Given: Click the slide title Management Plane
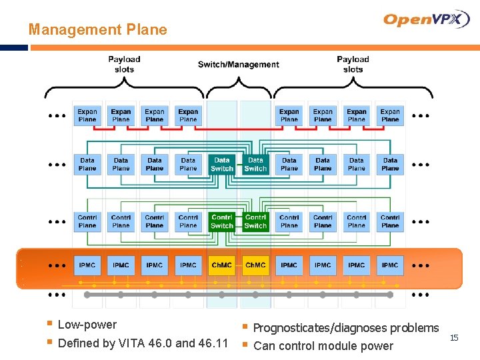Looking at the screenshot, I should (x=97, y=29).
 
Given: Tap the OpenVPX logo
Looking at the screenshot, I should (x=427, y=20).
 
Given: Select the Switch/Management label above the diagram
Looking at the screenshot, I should (x=238, y=65).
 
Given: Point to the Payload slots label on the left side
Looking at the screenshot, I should (x=124, y=64).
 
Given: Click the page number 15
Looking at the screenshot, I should (x=454, y=338).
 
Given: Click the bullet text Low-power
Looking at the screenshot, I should (x=87, y=325).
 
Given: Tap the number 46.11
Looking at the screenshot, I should (x=213, y=343).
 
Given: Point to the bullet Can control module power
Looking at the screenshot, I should (x=323, y=345).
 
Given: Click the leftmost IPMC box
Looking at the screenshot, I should (x=87, y=265).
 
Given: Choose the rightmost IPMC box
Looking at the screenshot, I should (x=390, y=265).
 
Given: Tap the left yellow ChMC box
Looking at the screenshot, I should (x=222, y=265).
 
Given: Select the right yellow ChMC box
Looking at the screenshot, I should (x=255, y=265).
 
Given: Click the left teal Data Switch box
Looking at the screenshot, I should (x=222, y=165).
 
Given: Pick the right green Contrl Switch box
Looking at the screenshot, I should (x=255, y=221).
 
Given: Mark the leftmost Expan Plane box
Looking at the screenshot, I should (x=87, y=115).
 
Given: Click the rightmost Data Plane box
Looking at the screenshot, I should (x=390, y=164).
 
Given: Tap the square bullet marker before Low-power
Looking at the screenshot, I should (x=49, y=325).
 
